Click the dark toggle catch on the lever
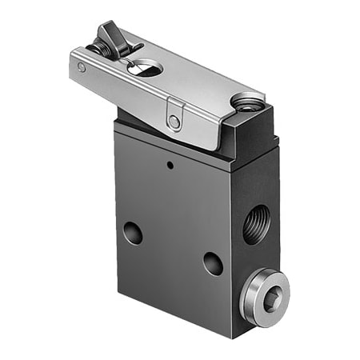tap(108, 36)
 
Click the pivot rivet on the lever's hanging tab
tap(174, 122)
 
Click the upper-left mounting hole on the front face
tap(133, 234)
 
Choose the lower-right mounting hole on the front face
tap(213, 263)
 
